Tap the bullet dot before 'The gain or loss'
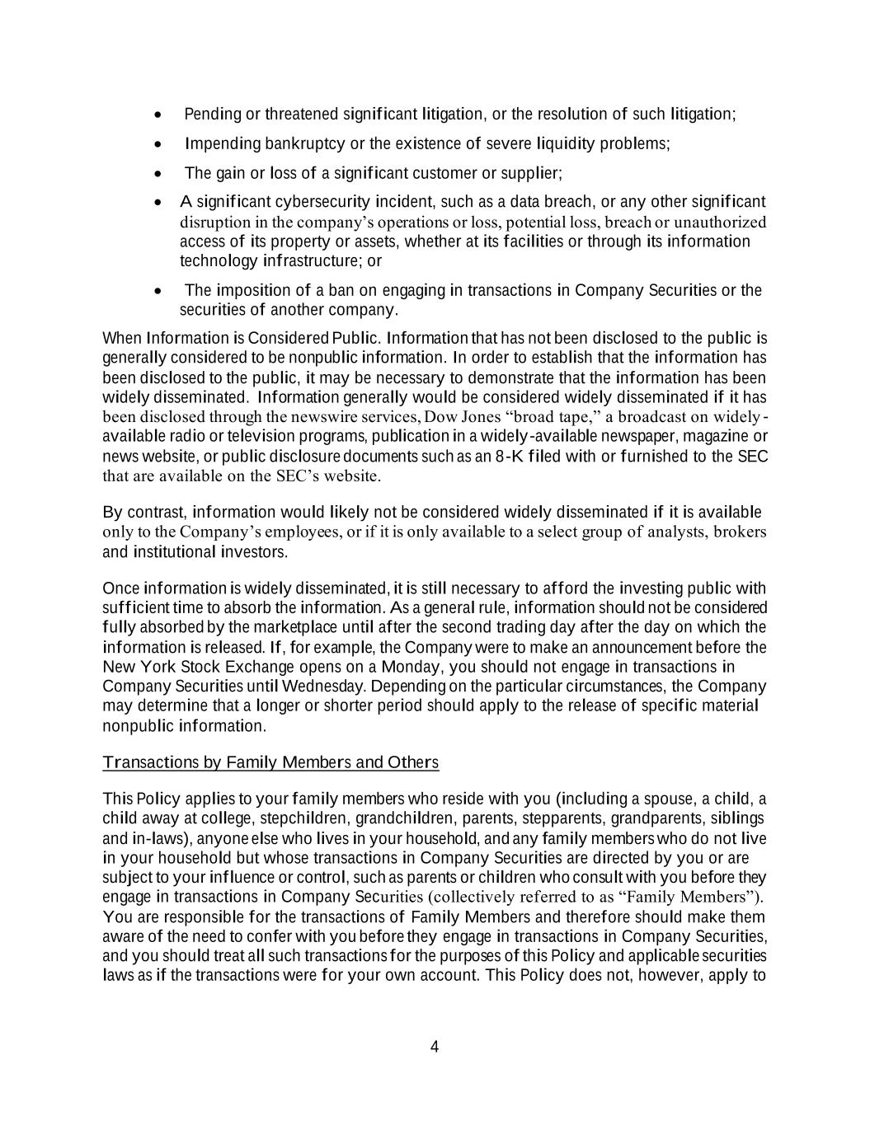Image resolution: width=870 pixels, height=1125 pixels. (158, 173)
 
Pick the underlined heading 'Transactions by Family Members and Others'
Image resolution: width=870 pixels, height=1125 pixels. (270, 762)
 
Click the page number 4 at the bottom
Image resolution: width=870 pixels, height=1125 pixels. (435, 1048)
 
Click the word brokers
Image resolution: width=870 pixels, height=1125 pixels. (740, 532)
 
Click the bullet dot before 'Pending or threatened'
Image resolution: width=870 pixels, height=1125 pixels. (158, 114)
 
